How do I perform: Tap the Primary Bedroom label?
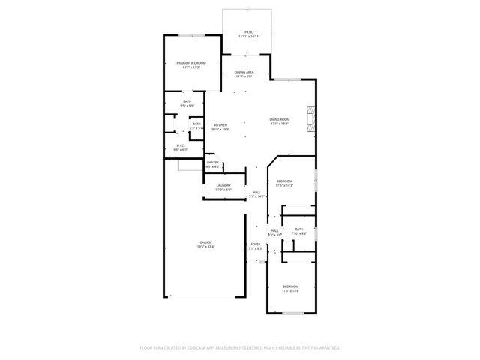pyautogui.click(x=191, y=63)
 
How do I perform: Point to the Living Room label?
pyautogui.click(x=280, y=119)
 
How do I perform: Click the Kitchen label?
pyautogui.click(x=220, y=125)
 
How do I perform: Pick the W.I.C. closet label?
pyautogui.click(x=181, y=145)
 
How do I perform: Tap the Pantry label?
pyautogui.click(x=213, y=162)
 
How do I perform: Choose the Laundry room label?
pyautogui.click(x=223, y=185)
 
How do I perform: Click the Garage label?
pyautogui.click(x=205, y=241)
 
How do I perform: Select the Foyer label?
pyautogui.click(x=256, y=244)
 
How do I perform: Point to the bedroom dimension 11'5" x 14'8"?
pyautogui.click(x=290, y=290)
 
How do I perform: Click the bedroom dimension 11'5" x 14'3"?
pyautogui.click(x=284, y=185)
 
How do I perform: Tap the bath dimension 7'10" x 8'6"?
pyautogui.click(x=298, y=233)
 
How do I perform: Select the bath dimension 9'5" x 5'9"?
pyautogui.click(x=187, y=106)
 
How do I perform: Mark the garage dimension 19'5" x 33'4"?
pyautogui.click(x=205, y=246)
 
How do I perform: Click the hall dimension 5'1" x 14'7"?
pyautogui.click(x=257, y=196)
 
